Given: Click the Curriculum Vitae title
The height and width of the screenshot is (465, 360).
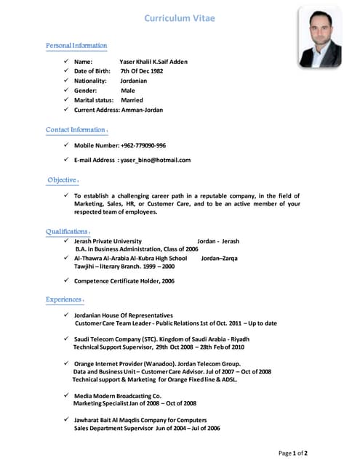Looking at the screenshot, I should [x=179, y=17].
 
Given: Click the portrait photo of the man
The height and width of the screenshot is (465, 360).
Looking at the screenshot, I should [x=319, y=38].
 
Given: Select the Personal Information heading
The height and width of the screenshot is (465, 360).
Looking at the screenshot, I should [x=76, y=46].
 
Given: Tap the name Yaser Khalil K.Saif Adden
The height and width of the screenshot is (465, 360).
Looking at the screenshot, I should [x=153, y=62].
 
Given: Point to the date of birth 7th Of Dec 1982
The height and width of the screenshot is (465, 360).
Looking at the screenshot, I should [x=142, y=71].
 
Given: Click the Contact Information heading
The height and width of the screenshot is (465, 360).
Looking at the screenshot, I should [x=76, y=130].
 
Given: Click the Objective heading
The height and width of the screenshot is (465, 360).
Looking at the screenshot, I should [x=62, y=179].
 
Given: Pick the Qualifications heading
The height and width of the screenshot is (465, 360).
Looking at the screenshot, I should [x=67, y=232].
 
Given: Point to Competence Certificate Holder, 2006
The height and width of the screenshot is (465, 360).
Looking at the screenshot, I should [x=124, y=280].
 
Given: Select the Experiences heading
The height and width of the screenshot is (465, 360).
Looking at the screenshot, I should [x=64, y=299].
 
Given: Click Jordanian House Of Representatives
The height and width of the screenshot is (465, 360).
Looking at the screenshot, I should [x=124, y=315].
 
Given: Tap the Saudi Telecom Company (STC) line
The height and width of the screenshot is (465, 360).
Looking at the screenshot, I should [x=161, y=339].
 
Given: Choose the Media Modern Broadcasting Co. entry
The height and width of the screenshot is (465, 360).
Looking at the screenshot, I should [x=118, y=395].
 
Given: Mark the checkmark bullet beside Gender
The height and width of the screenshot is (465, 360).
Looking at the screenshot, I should [x=66, y=90].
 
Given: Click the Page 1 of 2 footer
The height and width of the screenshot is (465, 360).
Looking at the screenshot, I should [x=293, y=453].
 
